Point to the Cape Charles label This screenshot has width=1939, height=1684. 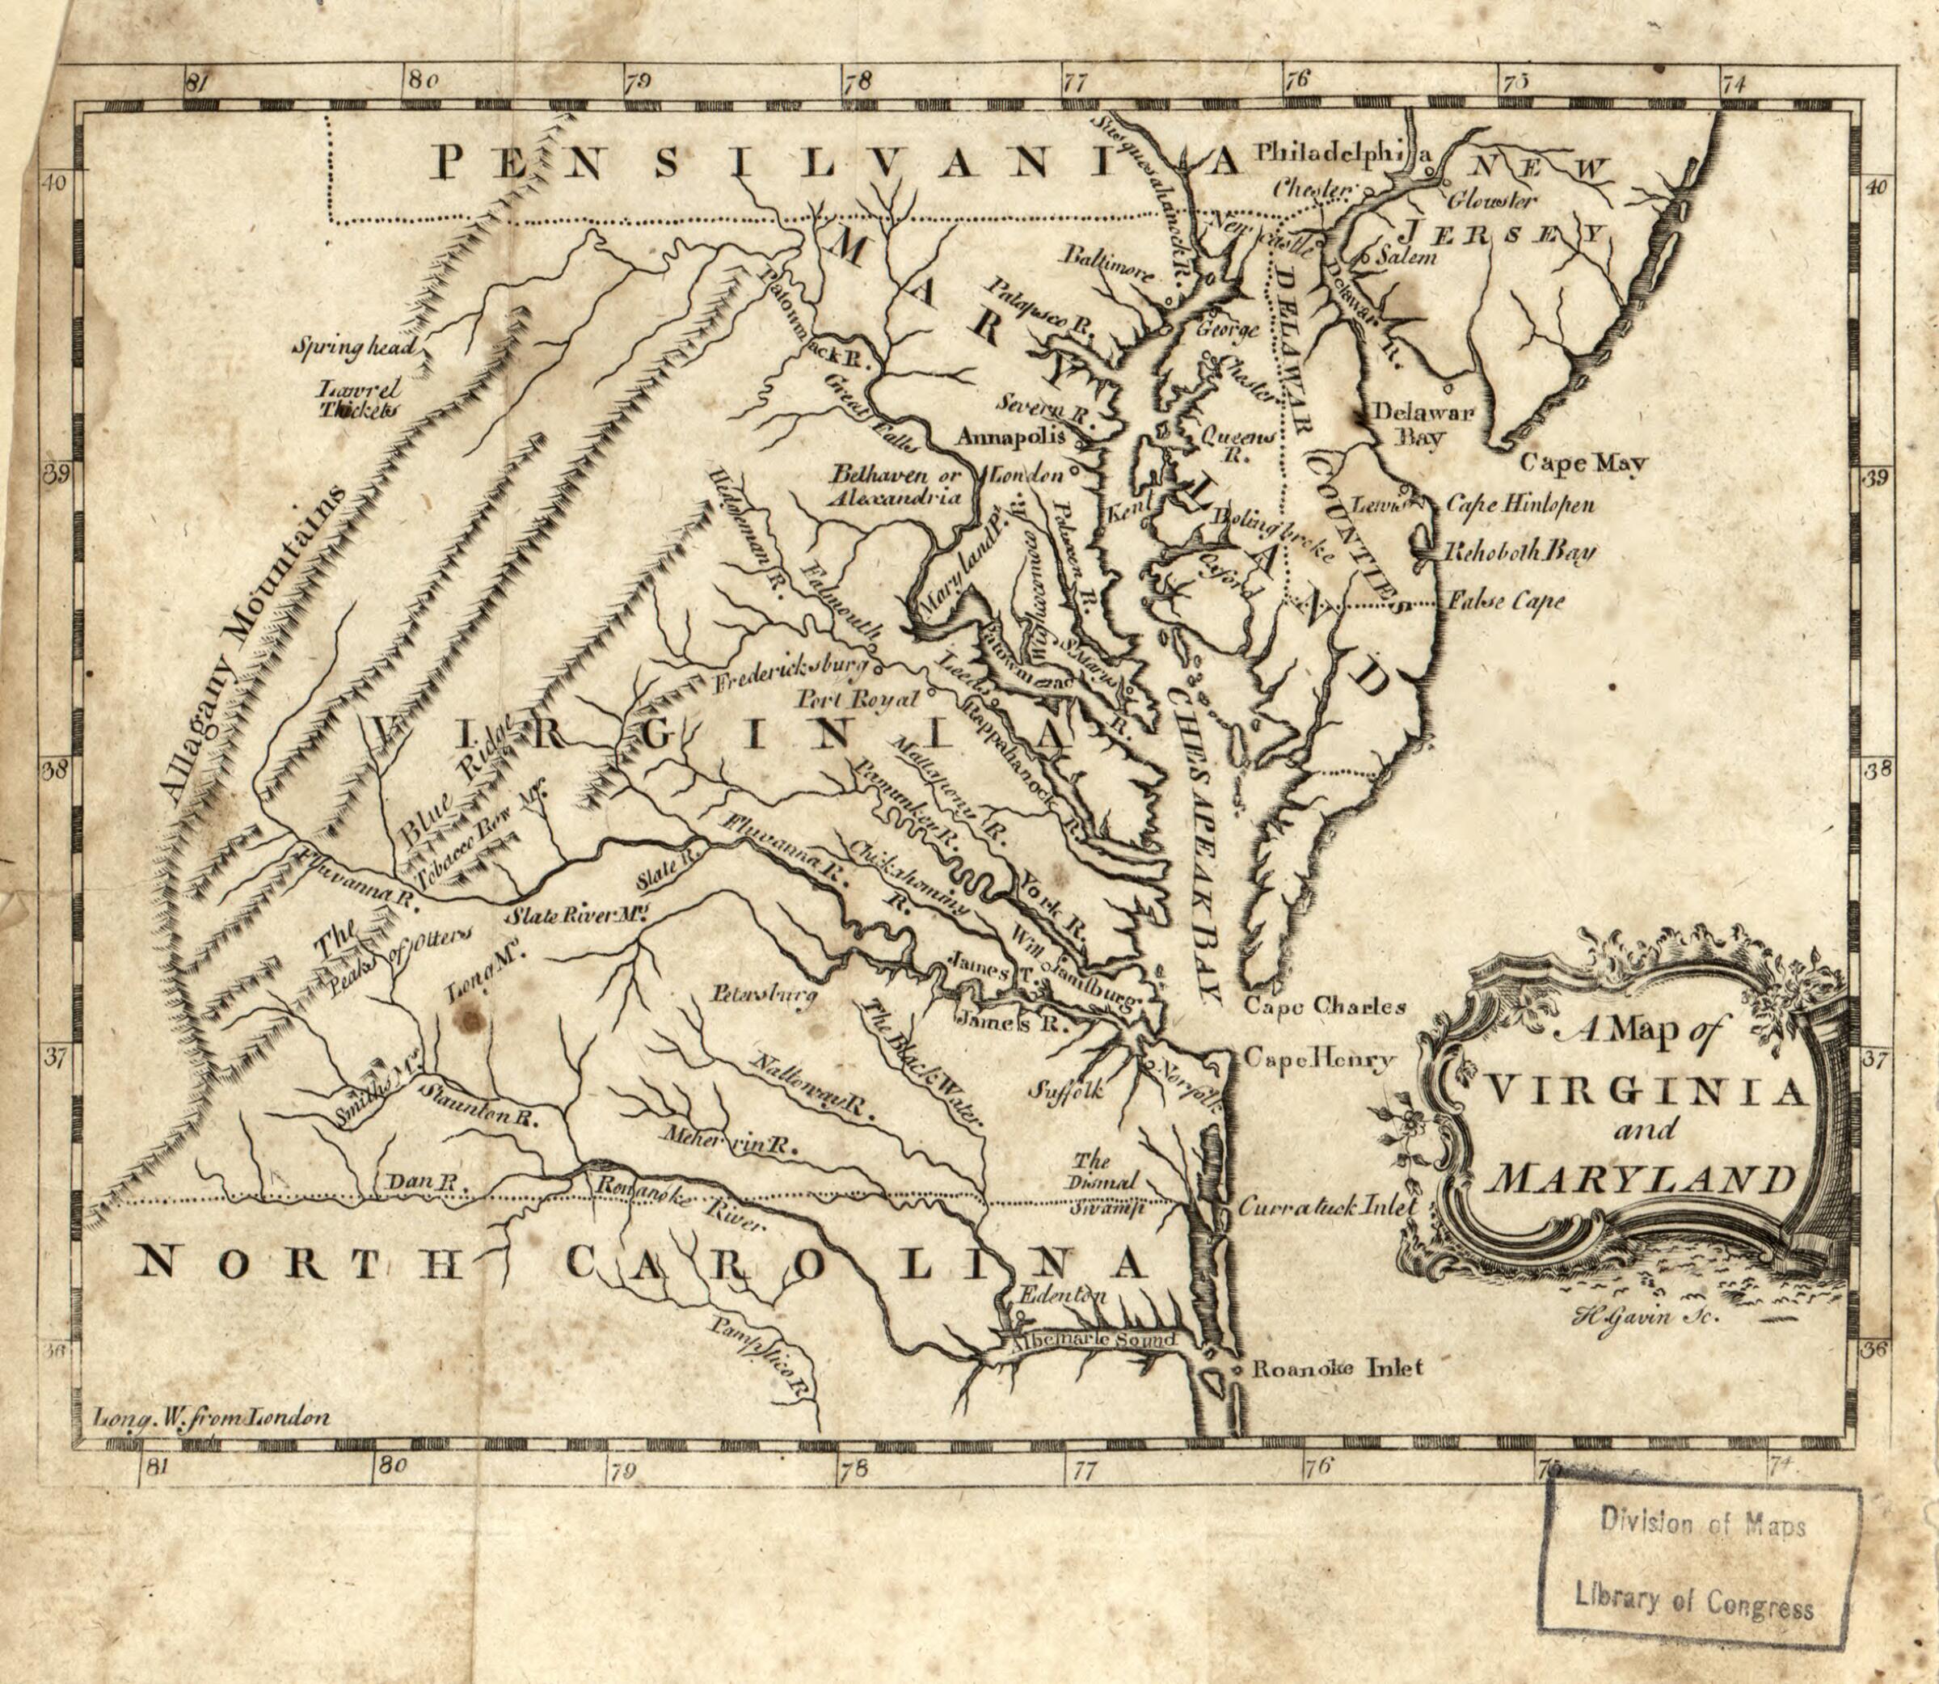point(1325,1007)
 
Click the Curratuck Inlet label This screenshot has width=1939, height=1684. point(1326,1207)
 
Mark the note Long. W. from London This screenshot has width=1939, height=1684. point(213,1417)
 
